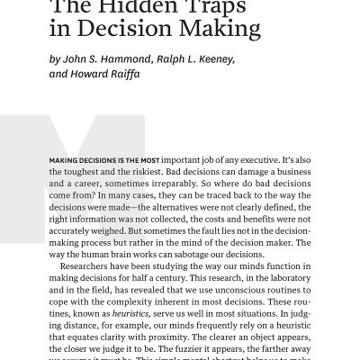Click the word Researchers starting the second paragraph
pyautogui.click(x=89, y=266)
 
